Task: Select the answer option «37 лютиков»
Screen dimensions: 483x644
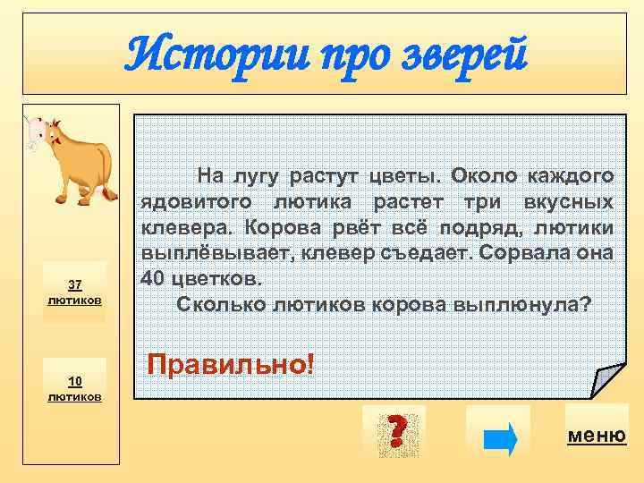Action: pos(75,292)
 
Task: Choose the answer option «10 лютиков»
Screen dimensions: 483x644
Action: pos(75,388)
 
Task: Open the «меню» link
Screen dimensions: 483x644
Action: pos(597,436)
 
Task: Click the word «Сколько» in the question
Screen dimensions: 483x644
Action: pos(218,303)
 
